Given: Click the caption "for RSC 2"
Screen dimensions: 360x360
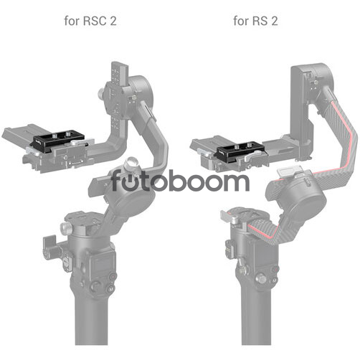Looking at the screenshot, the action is point(90,21).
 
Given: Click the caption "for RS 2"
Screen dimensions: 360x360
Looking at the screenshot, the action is point(255,21).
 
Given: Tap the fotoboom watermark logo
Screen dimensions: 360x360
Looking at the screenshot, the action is point(180,180).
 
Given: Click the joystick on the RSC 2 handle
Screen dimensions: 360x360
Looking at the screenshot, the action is point(95,285).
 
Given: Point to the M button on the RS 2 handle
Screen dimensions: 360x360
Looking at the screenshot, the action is point(275,280).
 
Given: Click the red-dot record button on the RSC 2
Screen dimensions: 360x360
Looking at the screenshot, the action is point(113,277).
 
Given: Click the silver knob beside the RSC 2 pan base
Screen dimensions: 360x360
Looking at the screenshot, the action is point(65,228).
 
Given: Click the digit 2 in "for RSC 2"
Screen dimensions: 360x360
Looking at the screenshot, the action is point(113,21).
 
